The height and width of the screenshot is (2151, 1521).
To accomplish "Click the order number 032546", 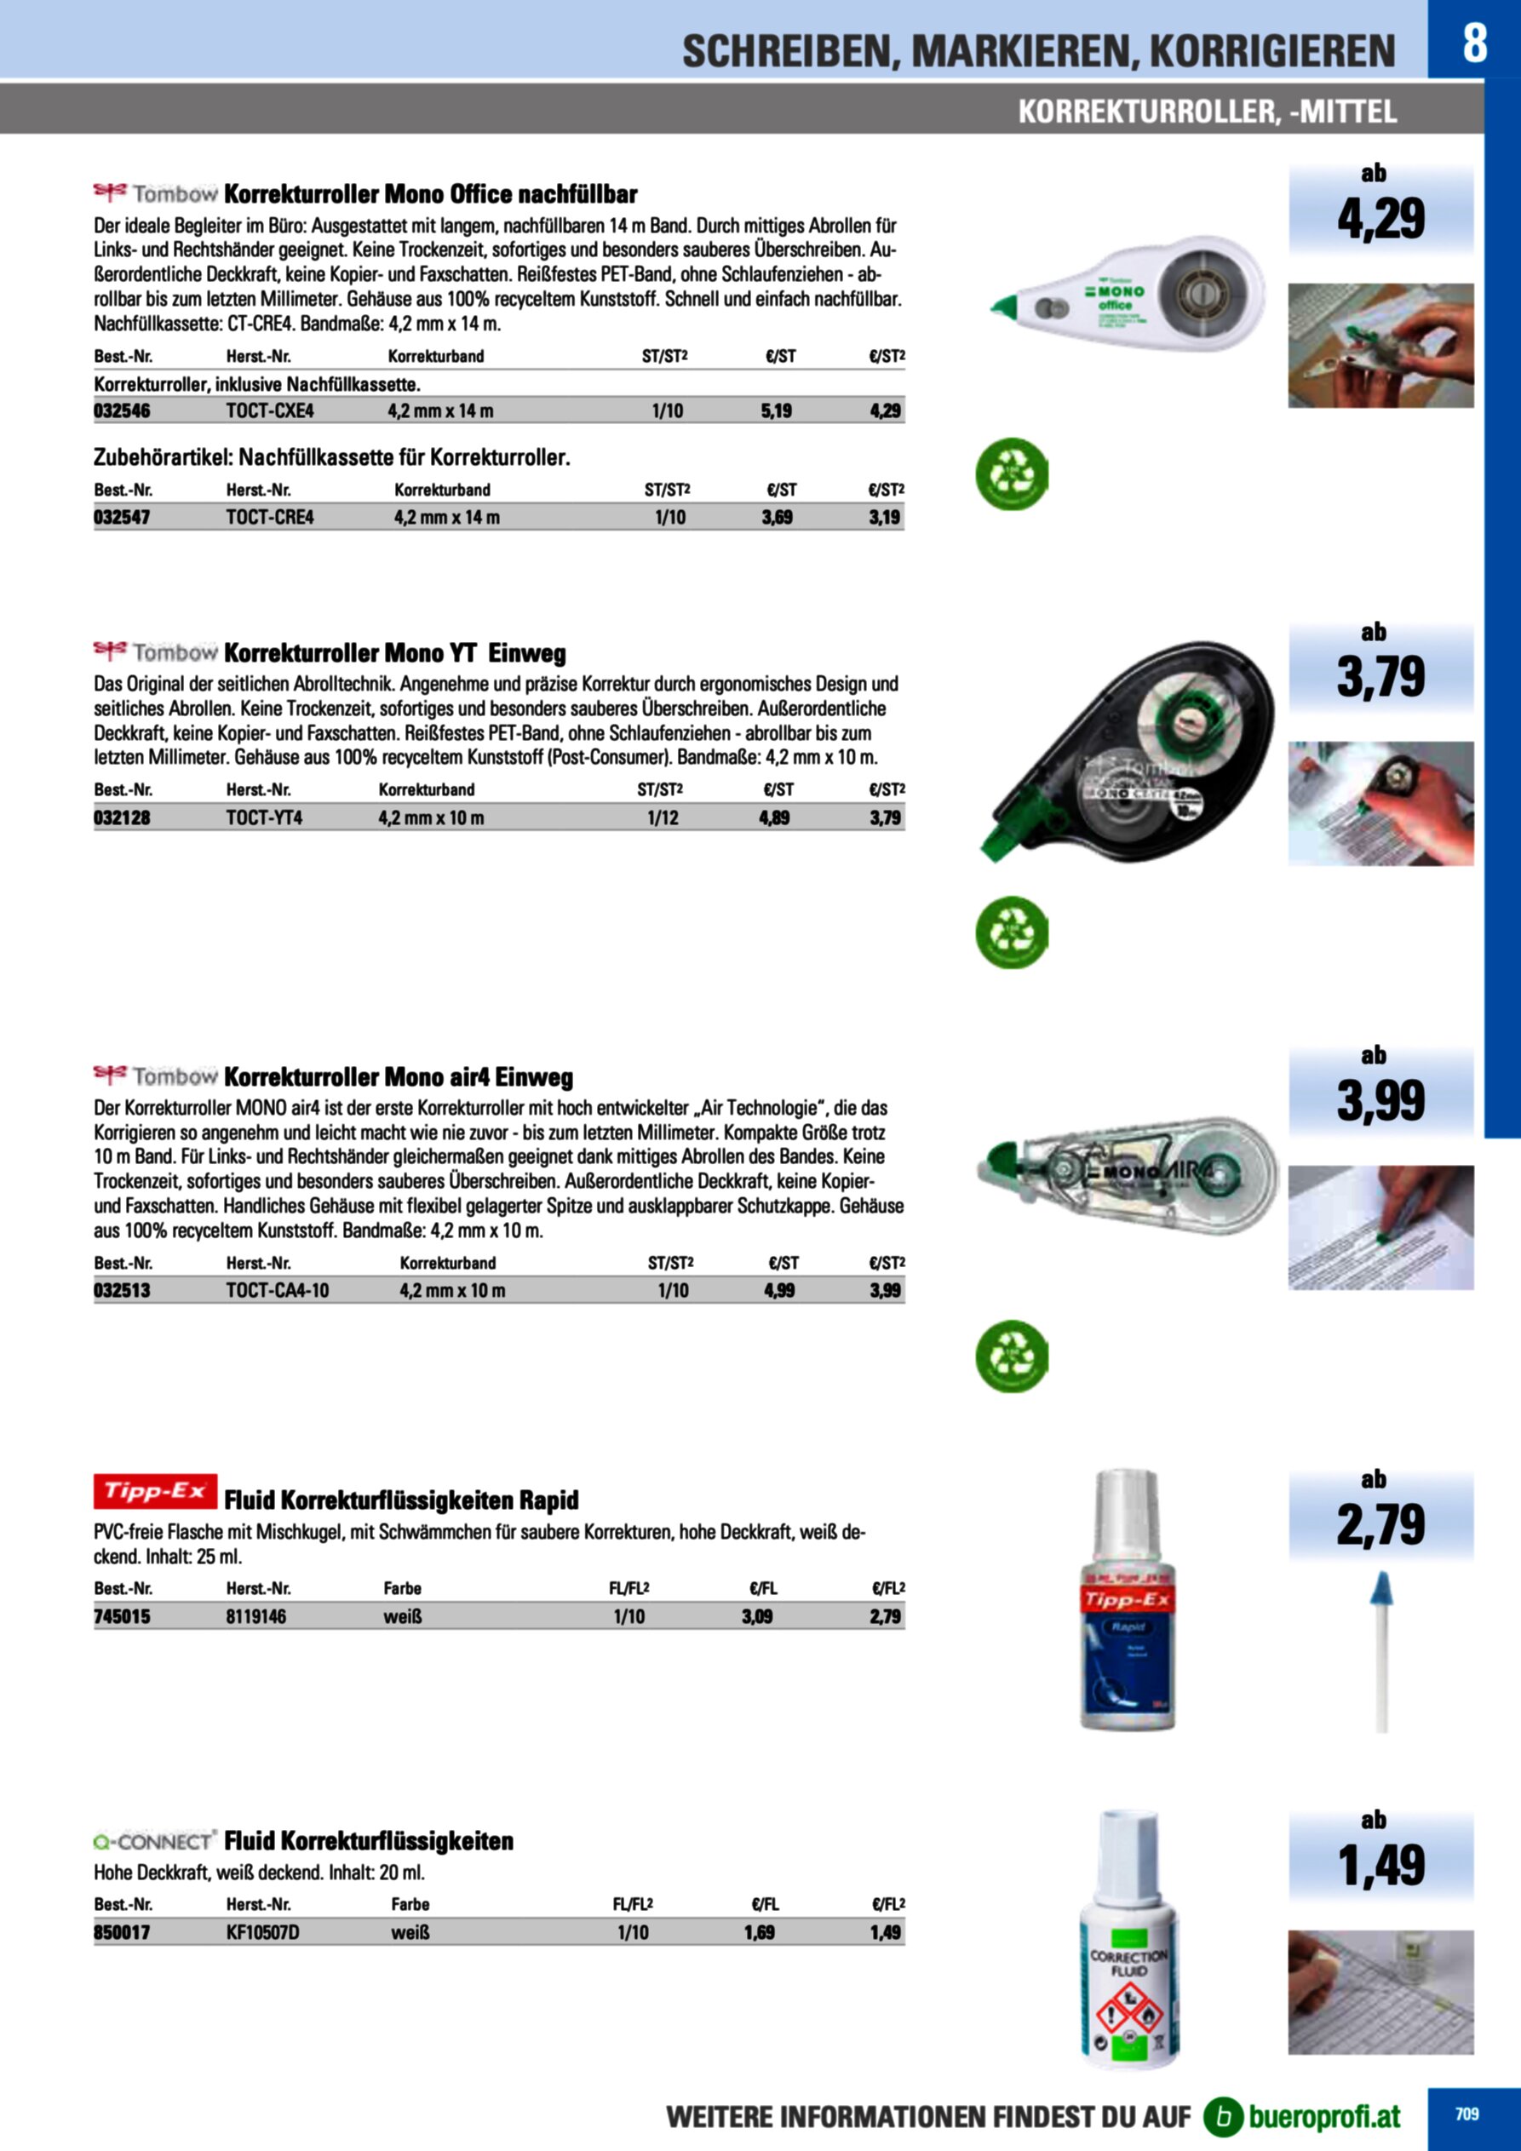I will click(x=122, y=410).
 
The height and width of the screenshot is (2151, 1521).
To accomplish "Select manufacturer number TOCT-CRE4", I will click(x=270, y=517).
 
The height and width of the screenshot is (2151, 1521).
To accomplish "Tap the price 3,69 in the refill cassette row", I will click(x=777, y=517).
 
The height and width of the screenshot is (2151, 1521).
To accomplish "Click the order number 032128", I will click(x=122, y=817).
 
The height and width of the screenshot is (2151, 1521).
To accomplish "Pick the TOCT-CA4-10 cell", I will click(x=278, y=1290).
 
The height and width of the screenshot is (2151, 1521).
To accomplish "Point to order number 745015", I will click(x=122, y=1616).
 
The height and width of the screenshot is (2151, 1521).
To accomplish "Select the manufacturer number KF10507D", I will click(x=262, y=1932).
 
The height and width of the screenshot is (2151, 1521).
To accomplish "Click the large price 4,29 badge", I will click(x=1380, y=218).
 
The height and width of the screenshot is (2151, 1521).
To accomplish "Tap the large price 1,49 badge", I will click(x=1380, y=1864).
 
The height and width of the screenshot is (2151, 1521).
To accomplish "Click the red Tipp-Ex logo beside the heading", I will click(x=156, y=1491).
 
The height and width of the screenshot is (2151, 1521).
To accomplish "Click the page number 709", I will click(x=1466, y=2113).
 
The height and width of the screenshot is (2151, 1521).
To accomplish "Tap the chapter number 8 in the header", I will click(x=1474, y=43).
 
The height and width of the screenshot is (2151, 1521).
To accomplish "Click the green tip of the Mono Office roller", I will click(x=1007, y=306).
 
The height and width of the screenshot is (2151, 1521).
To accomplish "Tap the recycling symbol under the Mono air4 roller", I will click(x=1011, y=1356).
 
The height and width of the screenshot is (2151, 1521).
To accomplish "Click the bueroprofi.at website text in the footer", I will click(x=1324, y=2115).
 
